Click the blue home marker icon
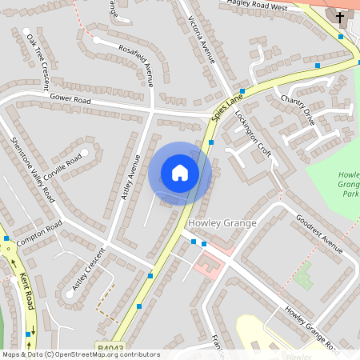180,173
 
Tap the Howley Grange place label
222,223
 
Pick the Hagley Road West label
257,6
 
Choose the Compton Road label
38,235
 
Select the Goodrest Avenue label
318,234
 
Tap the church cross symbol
339,17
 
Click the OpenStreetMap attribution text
80,354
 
